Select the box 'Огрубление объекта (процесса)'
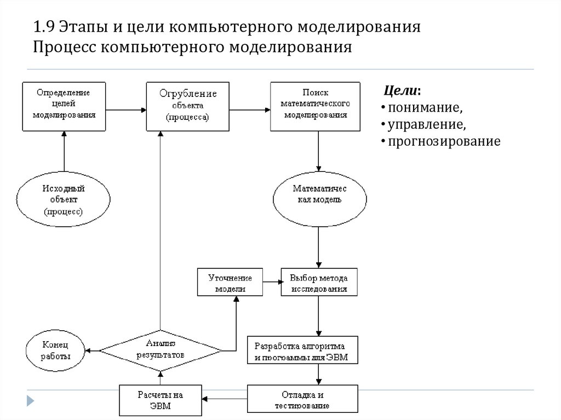[x=188, y=106]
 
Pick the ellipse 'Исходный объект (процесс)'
[x=64, y=199]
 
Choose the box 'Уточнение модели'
[x=230, y=282]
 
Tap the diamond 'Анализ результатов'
[x=161, y=349]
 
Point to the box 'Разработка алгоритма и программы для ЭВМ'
[x=303, y=350]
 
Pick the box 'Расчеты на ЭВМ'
[x=160, y=400]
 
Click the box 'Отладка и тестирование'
[x=302, y=400]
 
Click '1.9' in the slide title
[x=44, y=27]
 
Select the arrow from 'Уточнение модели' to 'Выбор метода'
[x=271, y=282]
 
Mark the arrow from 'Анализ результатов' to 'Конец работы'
[x=92, y=350]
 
